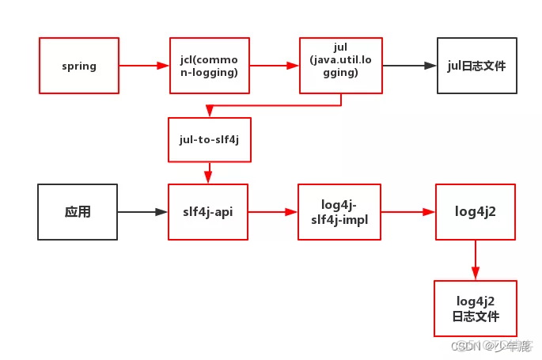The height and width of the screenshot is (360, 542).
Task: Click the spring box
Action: pyautogui.click(x=79, y=66)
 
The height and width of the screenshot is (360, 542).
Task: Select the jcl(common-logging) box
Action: pyautogui.click(x=210, y=66)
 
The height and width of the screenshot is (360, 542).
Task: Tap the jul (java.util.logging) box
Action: pyautogui.click(x=341, y=66)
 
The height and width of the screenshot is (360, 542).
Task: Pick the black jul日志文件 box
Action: pyautogui.click(x=477, y=66)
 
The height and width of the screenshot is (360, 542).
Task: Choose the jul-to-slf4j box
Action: pyautogui.click(x=210, y=139)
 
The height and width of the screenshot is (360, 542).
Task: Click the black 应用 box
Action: pyautogui.click(x=78, y=212)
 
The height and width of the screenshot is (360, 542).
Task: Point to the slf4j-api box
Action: pyautogui.click(x=208, y=212)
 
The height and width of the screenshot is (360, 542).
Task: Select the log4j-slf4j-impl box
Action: pyautogui.click(x=339, y=212)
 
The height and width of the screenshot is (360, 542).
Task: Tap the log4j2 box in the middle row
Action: pyautogui.click(x=476, y=212)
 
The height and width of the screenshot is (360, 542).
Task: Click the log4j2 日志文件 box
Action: pyautogui.click(x=476, y=309)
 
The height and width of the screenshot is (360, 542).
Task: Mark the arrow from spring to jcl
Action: pyautogui.click(x=144, y=66)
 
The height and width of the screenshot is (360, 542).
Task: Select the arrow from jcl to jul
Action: pyautogui.click(x=275, y=66)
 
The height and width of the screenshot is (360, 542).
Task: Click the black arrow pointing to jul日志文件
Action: pyautogui.click(x=410, y=66)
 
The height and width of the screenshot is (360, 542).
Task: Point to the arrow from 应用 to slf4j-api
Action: pyautogui.click(x=142, y=212)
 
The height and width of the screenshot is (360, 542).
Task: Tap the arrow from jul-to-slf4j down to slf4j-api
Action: pyautogui.click(x=208, y=172)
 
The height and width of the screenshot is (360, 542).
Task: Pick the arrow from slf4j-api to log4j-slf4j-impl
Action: pyautogui.click(x=273, y=212)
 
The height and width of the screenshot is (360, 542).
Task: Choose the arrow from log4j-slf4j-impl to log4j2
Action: pyautogui.click(x=408, y=212)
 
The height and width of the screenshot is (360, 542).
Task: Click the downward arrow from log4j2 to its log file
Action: pyautogui.click(x=476, y=260)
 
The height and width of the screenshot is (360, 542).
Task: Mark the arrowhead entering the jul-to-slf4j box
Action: pyautogui.click(x=210, y=112)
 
